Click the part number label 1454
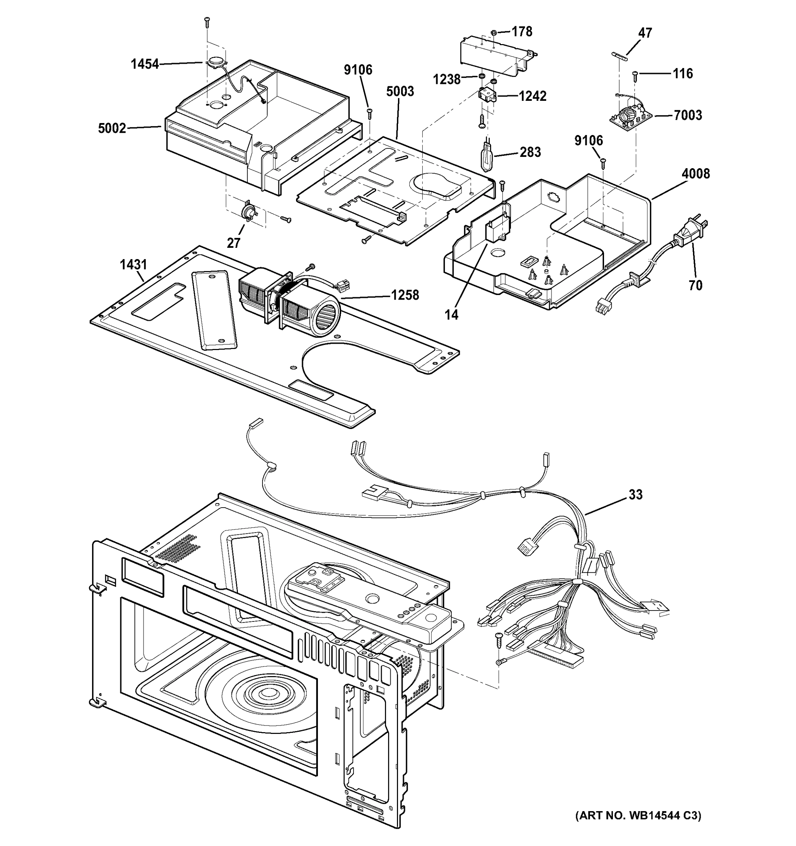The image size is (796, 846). (144, 64)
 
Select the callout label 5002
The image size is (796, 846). (112, 128)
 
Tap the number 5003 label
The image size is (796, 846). (400, 91)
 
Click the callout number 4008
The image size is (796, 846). (695, 174)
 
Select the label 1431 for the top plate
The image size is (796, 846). (133, 265)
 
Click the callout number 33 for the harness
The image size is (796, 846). (635, 495)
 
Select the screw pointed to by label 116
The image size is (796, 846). (635, 75)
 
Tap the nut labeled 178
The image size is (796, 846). (494, 32)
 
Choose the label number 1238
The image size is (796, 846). (446, 79)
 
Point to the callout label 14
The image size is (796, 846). (451, 314)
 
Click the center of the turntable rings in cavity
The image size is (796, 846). (267, 694)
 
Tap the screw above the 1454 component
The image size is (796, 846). (207, 21)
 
